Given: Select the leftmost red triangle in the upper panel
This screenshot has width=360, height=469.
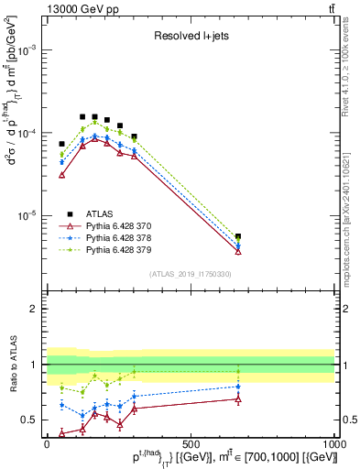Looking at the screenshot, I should pyautogui.click(x=62, y=174).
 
